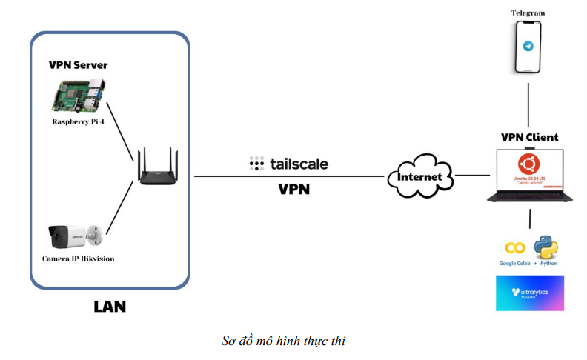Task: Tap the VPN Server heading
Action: point(78,65)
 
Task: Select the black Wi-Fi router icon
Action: point(158,170)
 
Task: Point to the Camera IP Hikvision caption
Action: point(78,259)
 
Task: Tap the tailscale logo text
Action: point(289,164)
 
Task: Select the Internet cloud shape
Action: point(419,176)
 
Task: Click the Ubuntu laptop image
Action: point(529,176)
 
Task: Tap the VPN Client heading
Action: point(529,137)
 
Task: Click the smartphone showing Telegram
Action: point(528,46)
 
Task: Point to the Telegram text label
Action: point(528,13)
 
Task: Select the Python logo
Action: point(545,247)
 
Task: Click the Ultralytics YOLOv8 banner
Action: point(529,293)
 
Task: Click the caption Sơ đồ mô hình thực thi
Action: point(284,341)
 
